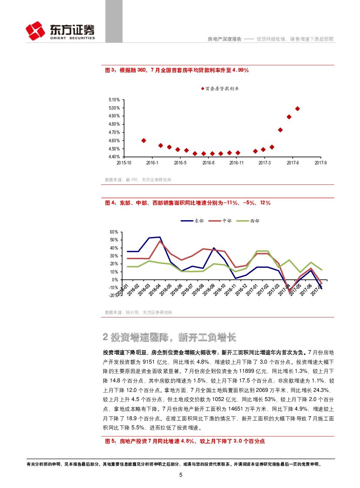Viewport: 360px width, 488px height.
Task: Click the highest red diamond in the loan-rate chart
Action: click(297, 109)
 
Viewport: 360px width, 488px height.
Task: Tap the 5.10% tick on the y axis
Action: click(114, 100)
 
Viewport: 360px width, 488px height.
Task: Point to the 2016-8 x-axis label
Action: click(208, 163)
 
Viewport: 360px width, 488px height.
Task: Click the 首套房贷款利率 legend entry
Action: click(219, 88)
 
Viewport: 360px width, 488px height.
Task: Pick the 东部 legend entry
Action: click(192, 221)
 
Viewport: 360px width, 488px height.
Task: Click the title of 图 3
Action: click(177, 70)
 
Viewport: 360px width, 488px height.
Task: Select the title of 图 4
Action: click(188, 203)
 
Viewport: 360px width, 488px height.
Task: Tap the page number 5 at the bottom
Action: click(181, 475)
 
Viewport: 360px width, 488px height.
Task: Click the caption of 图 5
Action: click(185, 441)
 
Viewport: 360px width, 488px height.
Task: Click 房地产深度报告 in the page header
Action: click(223, 39)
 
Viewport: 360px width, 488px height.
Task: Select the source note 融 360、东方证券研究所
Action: click(138, 180)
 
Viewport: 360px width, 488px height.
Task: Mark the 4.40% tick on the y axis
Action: click(114, 157)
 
